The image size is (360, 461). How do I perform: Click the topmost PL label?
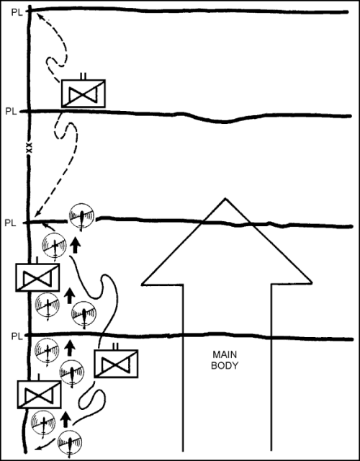tap(17, 12)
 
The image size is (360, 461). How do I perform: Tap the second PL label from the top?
tap(12, 112)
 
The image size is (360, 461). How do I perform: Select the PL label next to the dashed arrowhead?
tap(10, 223)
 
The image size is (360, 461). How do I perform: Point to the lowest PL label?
tap(17, 336)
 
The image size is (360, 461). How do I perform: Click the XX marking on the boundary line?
tap(29, 148)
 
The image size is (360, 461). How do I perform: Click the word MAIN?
tap(225, 354)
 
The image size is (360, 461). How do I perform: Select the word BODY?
tap(225, 366)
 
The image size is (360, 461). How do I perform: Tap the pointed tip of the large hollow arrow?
tap(225, 199)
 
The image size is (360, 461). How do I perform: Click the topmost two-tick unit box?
tap(84, 94)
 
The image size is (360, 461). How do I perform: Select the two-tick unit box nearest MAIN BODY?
tap(116, 364)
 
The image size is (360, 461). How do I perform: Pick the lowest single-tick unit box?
tap(39, 394)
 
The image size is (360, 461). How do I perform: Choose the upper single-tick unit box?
tap(37, 277)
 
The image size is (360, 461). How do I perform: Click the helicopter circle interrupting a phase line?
tap(81, 216)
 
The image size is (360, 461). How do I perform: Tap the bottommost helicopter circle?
tap(70, 442)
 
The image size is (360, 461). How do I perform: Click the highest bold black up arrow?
tap(76, 246)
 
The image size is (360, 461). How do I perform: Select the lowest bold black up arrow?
tap(66, 419)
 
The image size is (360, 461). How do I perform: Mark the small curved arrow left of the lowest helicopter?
tap(44, 445)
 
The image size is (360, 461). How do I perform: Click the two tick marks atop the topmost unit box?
tap(84, 76)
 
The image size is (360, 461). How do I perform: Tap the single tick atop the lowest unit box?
tap(38, 377)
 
